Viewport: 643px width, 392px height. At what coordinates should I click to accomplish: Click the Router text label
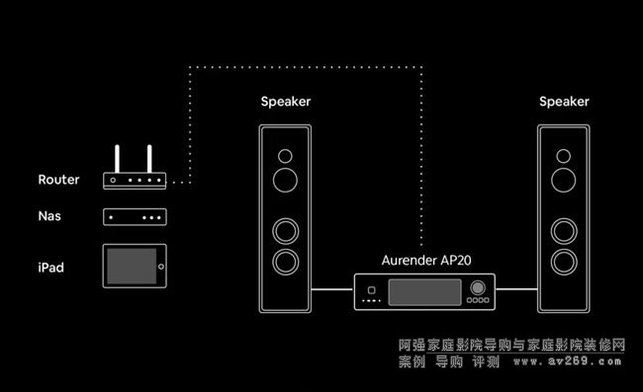58,180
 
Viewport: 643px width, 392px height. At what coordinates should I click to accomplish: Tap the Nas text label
49,216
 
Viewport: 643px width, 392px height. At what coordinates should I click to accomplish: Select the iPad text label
50,268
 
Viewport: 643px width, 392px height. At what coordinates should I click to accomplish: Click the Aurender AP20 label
426,261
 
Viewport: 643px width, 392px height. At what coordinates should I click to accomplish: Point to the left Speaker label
286,102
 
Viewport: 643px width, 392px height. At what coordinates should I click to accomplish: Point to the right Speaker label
564,102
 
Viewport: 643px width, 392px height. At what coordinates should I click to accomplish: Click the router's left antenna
118,159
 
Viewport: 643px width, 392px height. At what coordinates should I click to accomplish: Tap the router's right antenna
149,159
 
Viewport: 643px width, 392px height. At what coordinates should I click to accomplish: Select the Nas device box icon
135,217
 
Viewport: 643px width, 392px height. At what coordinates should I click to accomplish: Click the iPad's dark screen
132,266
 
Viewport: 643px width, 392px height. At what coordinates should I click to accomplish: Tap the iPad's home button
161,267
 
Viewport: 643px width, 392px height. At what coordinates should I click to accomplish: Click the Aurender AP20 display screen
424,292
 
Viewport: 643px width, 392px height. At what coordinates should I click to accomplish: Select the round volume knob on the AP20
478,287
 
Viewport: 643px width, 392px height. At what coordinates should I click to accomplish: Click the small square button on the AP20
372,290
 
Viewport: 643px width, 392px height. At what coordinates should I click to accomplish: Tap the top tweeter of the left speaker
285,156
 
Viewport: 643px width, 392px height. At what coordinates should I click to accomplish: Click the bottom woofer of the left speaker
286,262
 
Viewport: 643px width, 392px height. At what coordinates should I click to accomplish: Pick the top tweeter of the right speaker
564,156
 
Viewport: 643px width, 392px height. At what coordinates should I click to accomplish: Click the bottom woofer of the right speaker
564,262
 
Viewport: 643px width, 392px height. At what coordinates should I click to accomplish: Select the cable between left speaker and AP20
332,289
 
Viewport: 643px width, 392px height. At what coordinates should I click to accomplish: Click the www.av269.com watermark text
567,361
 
